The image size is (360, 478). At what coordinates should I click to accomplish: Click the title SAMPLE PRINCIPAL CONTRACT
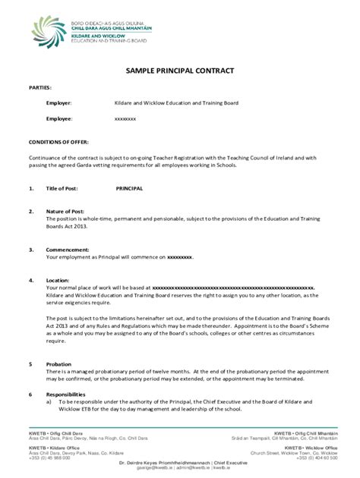pyautogui.click(x=180, y=71)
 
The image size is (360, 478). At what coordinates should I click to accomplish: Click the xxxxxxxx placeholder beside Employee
pyautogui.click(x=125, y=119)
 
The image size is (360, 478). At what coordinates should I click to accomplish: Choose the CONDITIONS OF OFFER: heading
pyautogui.click(x=58, y=142)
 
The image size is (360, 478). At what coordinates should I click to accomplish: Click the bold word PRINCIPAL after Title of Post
pyautogui.click(x=129, y=187)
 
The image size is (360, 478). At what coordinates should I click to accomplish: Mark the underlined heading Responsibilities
pyautogui.click(x=68, y=395)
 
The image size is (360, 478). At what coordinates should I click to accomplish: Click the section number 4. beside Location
pyautogui.click(x=31, y=280)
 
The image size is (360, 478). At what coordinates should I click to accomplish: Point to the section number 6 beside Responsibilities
pyautogui.click(x=30, y=395)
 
